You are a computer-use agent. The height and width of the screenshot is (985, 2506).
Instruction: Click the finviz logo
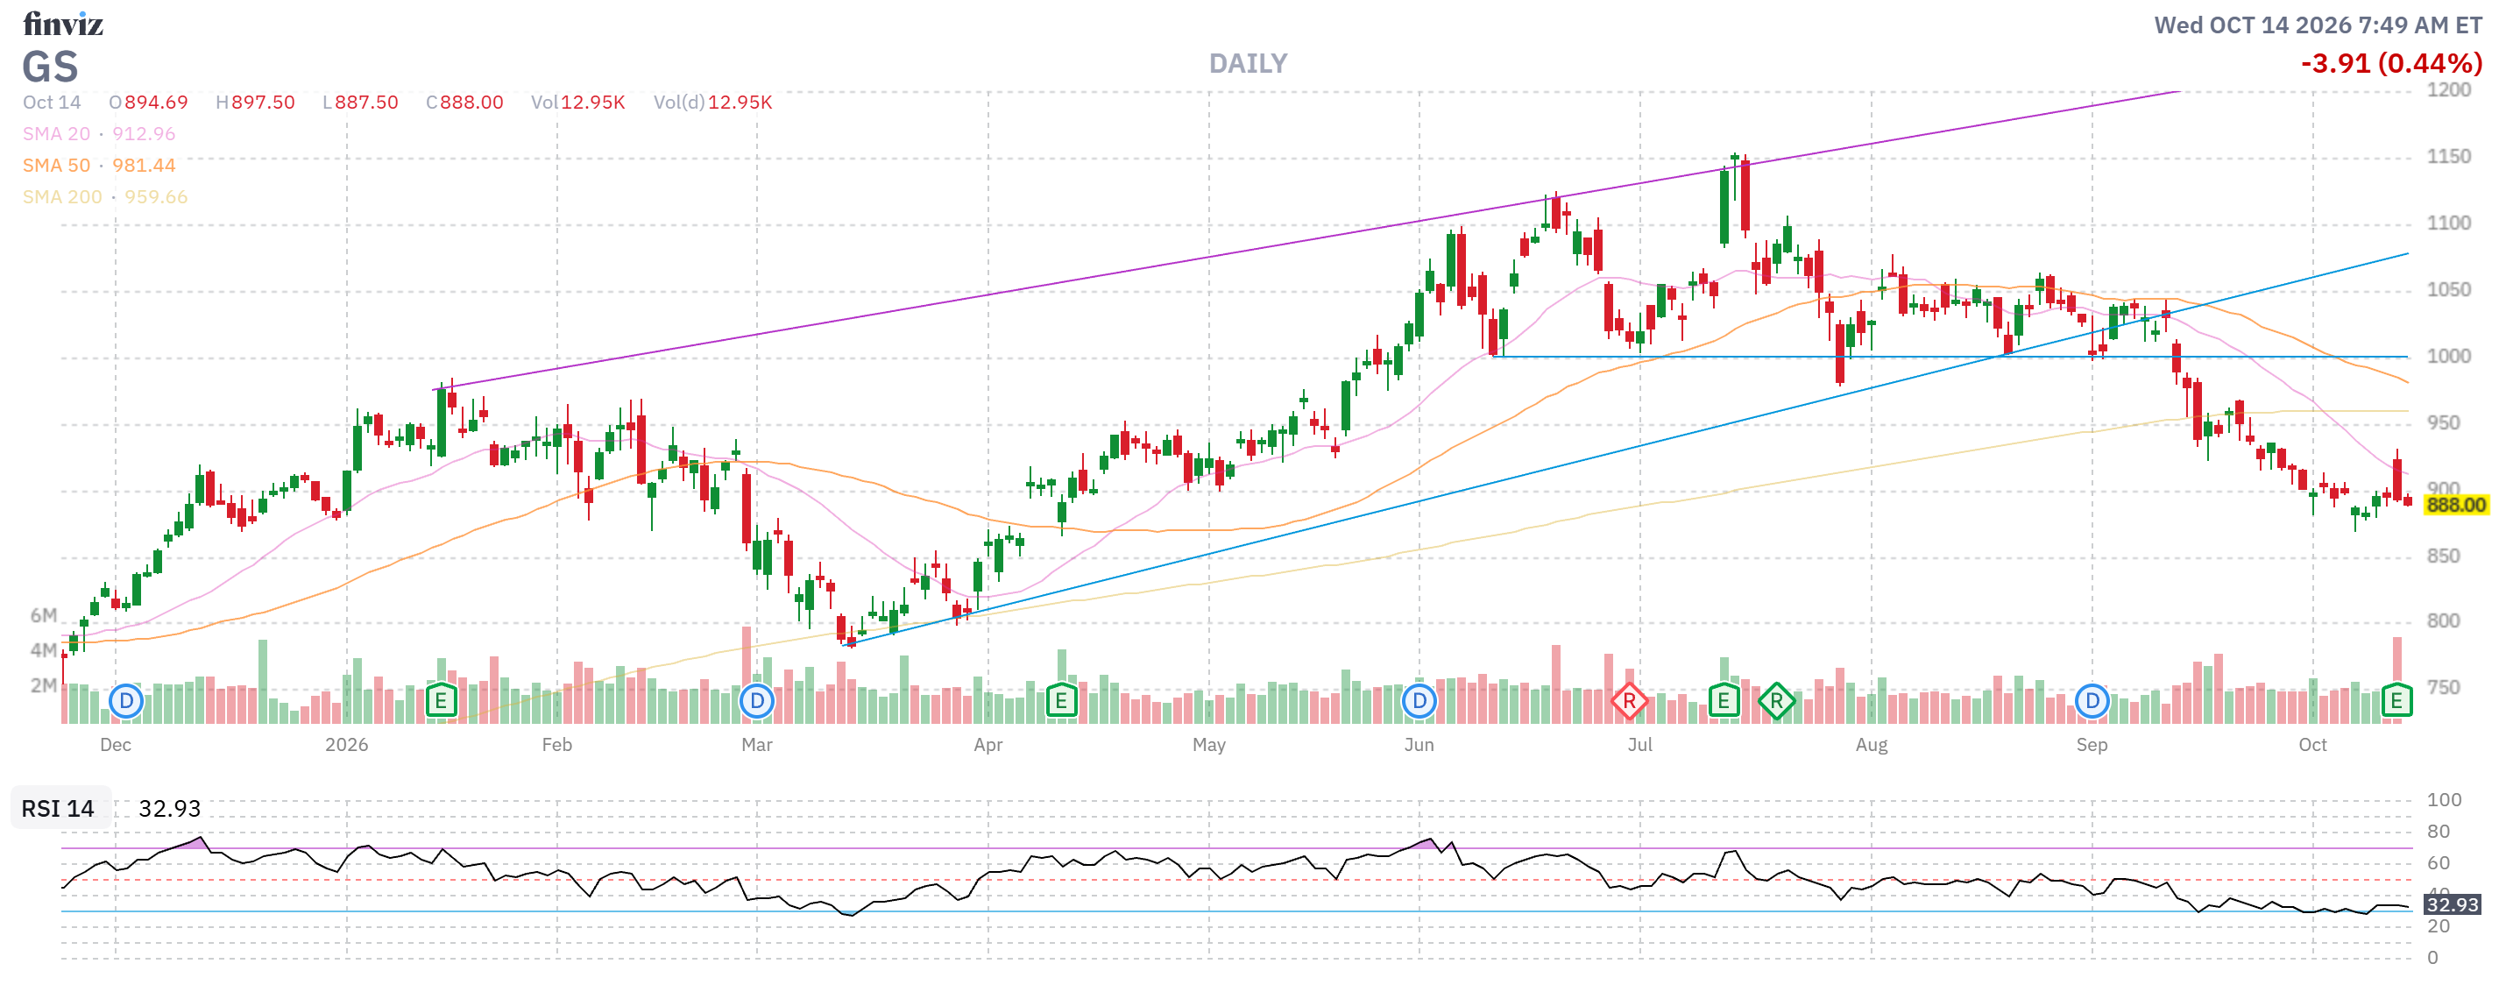coord(63,24)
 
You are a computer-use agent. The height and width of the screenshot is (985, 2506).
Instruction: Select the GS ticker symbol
coord(50,67)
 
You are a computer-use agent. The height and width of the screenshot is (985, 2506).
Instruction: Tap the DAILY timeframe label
coord(1247,64)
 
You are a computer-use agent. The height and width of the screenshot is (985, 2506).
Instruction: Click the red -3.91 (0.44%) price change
coord(2390,63)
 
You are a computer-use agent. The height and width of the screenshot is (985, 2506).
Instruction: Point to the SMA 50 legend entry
coord(99,166)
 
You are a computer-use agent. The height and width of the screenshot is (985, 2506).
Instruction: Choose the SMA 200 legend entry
coord(105,196)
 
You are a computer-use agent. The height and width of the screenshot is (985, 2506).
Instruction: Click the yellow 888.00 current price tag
coord(2455,505)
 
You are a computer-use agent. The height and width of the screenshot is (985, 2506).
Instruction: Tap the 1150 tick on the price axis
coord(2447,157)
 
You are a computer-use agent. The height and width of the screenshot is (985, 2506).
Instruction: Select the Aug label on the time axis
coord(1871,745)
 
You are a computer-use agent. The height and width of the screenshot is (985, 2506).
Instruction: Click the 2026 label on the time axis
coord(346,745)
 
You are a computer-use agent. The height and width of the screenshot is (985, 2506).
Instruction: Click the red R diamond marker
coord(1629,701)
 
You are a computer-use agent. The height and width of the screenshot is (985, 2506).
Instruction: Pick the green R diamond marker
coord(1776,701)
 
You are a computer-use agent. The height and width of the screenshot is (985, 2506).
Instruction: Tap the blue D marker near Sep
coord(2092,701)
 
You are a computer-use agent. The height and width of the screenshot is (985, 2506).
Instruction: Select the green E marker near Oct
coord(2396,701)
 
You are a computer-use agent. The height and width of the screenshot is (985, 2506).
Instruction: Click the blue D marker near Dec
coord(125,701)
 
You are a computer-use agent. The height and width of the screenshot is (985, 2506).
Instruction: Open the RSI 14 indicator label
coord(59,809)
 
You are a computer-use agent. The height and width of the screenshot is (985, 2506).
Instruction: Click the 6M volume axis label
coord(44,615)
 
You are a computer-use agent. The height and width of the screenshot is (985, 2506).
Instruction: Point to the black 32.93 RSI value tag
coord(2452,904)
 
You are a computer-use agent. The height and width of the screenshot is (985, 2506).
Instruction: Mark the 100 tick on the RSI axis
coord(2444,800)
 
